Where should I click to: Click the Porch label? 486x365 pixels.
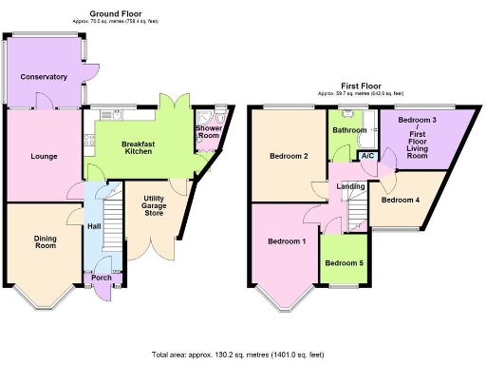[101, 278]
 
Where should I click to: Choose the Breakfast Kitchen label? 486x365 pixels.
[139, 146]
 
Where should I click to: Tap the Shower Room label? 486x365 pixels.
[208, 132]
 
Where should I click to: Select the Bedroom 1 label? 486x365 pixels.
[287, 241]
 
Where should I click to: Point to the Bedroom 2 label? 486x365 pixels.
[289, 156]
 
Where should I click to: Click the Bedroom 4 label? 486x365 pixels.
[400, 201]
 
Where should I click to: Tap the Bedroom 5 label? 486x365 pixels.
[342, 263]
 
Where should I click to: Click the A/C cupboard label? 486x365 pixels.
[367, 156]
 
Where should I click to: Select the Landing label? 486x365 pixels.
[351, 186]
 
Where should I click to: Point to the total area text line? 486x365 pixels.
[243, 355]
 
